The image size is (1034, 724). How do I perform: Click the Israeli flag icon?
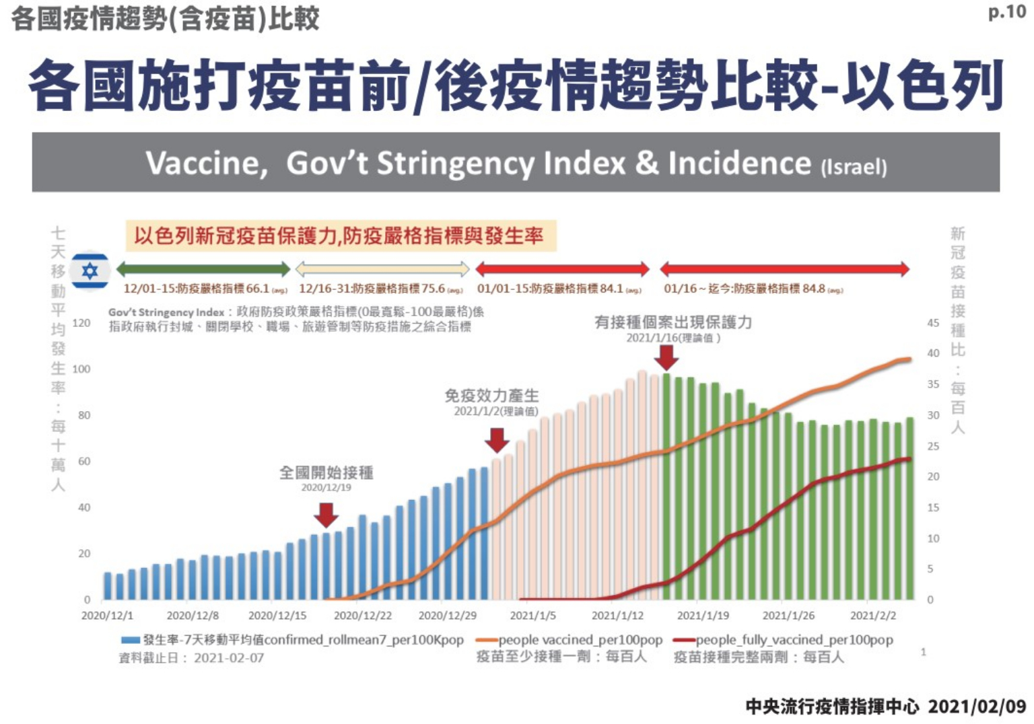90,271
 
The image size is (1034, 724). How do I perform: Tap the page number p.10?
1006,12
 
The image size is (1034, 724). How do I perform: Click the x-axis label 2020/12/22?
363,616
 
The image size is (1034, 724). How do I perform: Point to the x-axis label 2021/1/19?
703,616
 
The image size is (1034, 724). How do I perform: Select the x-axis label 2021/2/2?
873,616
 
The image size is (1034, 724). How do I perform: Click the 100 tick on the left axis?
81,369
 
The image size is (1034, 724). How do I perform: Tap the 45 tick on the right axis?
933,323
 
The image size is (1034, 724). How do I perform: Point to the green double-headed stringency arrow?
203,270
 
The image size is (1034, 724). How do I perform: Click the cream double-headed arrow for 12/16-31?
382,270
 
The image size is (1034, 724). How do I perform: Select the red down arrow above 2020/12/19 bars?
326,515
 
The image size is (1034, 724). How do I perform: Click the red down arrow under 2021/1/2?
497,440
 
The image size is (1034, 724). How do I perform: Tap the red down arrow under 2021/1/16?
666,357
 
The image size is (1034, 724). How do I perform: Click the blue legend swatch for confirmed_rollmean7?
131,640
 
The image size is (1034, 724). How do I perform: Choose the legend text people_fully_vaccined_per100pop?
794,640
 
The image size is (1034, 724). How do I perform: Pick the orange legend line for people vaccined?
486,640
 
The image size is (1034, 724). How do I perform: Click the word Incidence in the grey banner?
739,164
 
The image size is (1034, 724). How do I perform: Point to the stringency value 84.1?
611,289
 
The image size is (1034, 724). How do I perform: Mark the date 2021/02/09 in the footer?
977,707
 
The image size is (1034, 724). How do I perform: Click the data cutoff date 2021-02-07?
229,658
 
